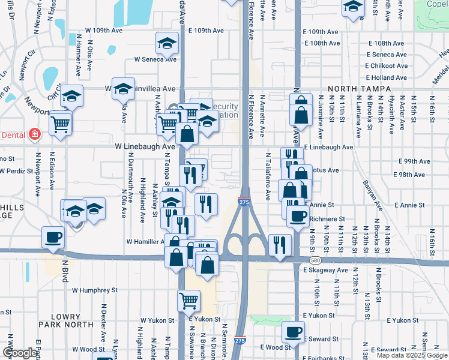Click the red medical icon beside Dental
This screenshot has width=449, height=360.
pyautogui.click(x=35, y=134)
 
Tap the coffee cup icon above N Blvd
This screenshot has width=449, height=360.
pyautogui.click(x=53, y=237)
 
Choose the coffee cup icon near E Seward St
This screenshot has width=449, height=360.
pyautogui.click(x=294, y=332)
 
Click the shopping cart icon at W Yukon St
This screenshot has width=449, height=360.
pyautogui.click(x=188, y=301)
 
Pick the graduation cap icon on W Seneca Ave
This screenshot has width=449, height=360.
pyautogui.click(x=167, y=43)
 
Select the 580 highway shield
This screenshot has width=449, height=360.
pyautogui.click(x=315, y=260)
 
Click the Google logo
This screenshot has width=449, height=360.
pyautogui.click(x=20, y=353)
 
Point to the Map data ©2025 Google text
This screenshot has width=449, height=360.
pyautogui.click(x=411, y=355)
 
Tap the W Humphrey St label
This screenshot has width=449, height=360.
pyautogui.click(x=95, y=290)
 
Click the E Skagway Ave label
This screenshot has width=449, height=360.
pyautogui.click(x=325, y=271)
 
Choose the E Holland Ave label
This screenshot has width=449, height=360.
pyautogui.click(x=388, y=77)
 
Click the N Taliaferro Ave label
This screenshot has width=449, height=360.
pyautogui.click(x=268, y=175)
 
